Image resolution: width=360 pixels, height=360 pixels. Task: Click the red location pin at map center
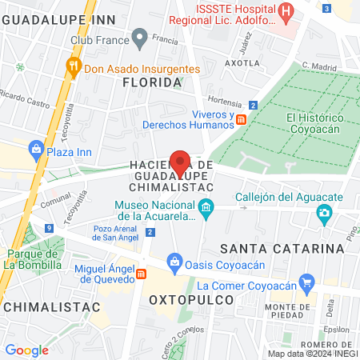pyautogui.click(x=181, y=162)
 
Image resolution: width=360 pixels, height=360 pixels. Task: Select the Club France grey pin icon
pyautogui.click(x=140, y=37)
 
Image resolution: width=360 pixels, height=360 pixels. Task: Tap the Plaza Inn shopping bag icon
pyautogui.click(x=36, y=148)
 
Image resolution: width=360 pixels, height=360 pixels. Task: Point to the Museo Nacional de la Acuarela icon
pyautogui.click(x=206, y=208)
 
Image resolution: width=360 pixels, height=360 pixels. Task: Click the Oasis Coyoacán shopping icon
pyautogui.click(x=174, y=260)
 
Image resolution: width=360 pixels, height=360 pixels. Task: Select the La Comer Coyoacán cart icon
pyautogui.click(x=305, y=282)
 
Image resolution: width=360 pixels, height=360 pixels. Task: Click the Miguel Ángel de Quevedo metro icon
pyautogui.click(x=142, y=274)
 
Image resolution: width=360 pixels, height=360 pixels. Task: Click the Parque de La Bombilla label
pyautogui.click(x=33, y=258)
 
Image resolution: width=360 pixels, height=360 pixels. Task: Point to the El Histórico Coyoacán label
pyautogui.click(x=314, y=124)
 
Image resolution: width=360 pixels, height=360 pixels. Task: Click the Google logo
pyautogui.click(x=27, y=350)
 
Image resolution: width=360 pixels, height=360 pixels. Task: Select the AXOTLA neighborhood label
pyautogui.click(x=242, y=62)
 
